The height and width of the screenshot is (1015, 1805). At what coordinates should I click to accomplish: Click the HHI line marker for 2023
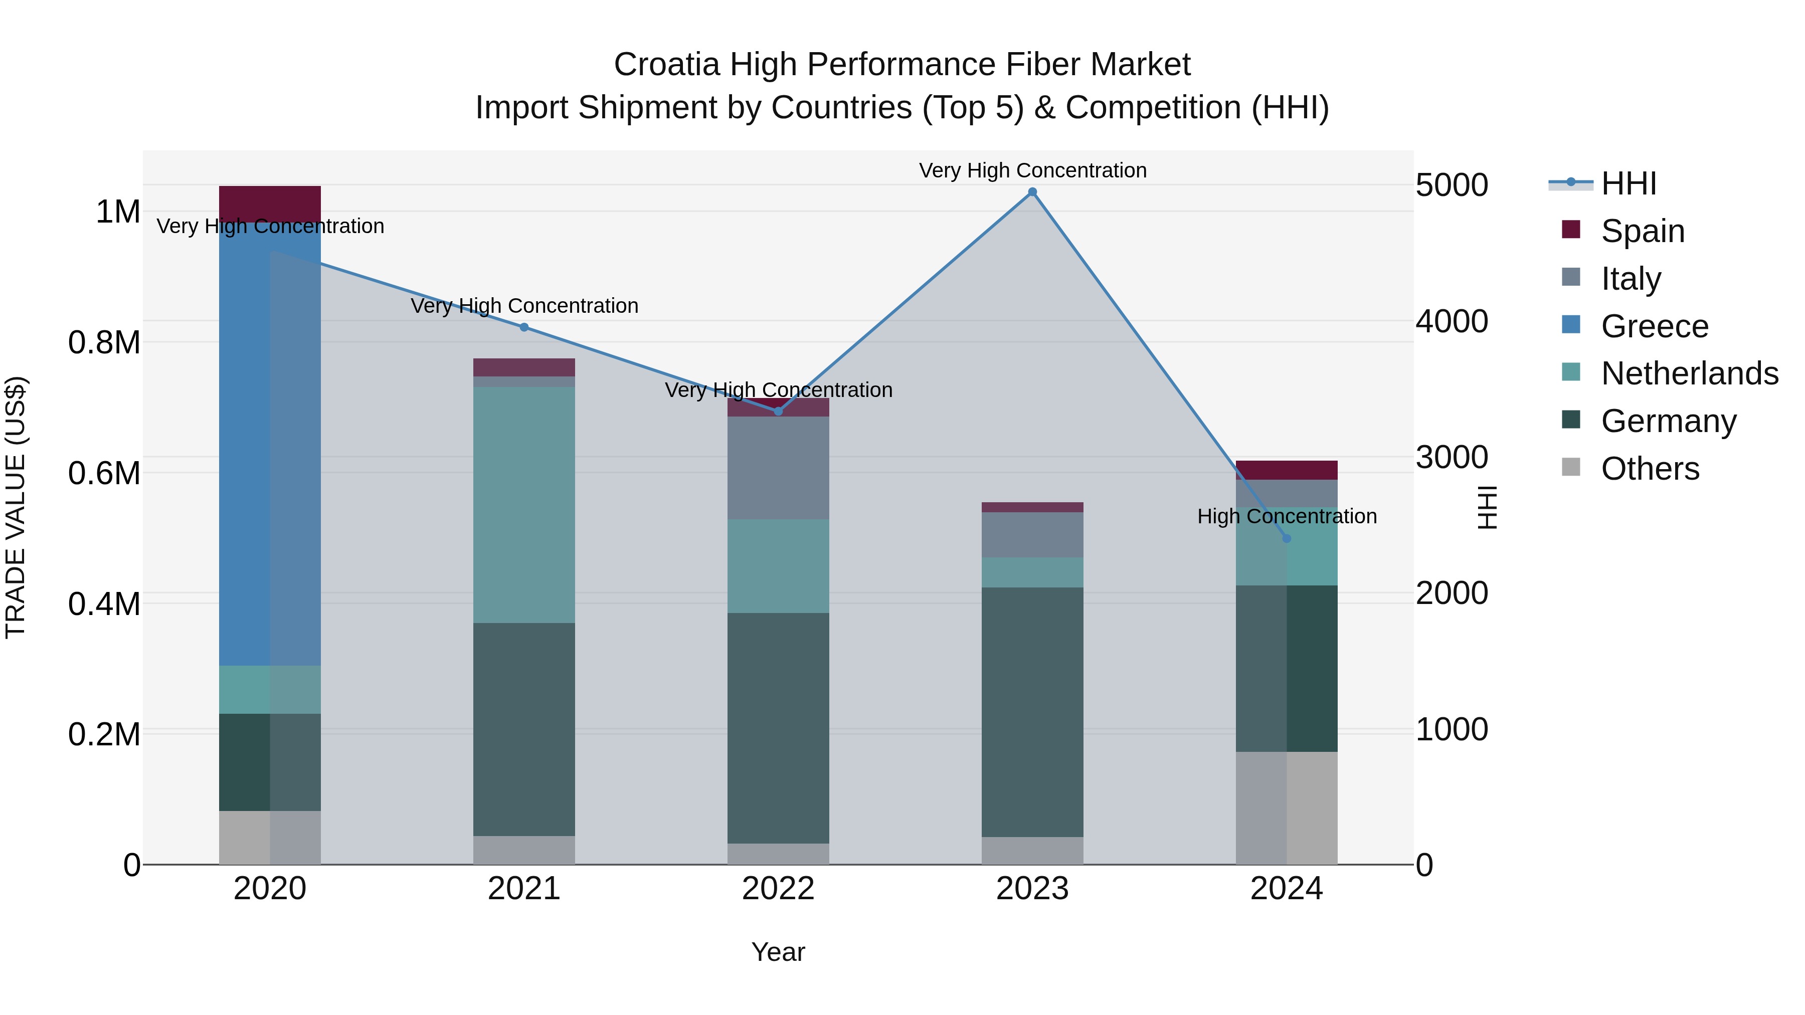point(1032,192)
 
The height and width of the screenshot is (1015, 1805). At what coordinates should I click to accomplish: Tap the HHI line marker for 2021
point(524,327)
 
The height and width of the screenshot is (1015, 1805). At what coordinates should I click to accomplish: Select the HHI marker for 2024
point(1287,539)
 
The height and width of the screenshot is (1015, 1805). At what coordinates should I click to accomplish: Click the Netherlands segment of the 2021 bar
point(524,504)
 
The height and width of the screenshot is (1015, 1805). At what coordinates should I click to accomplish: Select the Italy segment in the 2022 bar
point(778,468)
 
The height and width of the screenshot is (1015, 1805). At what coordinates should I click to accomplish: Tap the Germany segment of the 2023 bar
point(1032,711)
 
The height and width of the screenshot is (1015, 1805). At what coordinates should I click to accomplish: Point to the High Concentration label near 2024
point(1287,516)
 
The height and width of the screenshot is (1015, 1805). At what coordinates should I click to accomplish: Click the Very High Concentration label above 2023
point(1032,170)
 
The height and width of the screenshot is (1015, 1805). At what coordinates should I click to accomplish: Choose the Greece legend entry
point(1654,326)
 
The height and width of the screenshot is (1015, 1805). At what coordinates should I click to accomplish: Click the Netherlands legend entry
point(1689,373)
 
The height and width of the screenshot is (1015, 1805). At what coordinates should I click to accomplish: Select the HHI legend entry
point(1628,183)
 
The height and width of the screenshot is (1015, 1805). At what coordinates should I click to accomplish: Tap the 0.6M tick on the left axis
point(104,474)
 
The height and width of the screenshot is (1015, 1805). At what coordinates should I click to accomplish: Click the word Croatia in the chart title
point(666,65)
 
